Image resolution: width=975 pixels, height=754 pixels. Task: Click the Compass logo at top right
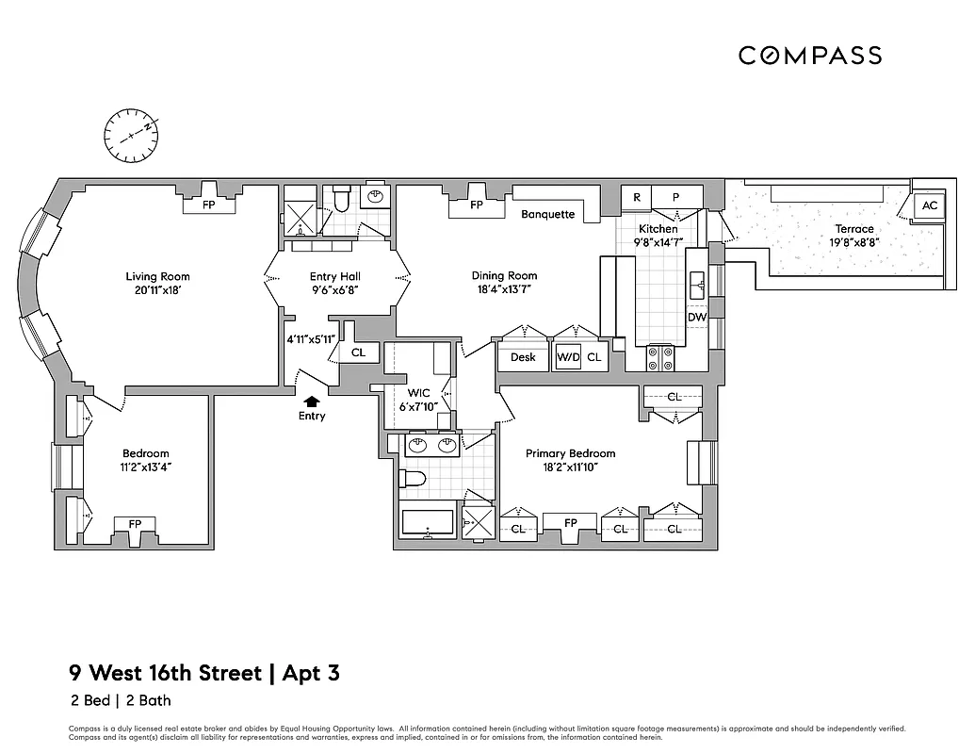coord(810,56)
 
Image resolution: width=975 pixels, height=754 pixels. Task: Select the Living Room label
coord(157,276)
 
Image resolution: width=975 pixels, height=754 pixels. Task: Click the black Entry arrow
coord(312,402)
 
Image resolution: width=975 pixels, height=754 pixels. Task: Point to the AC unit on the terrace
coord(930,205)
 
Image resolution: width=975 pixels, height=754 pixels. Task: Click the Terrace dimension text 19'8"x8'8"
coord(853,241)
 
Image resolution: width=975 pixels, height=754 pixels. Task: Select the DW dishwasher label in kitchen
coord(696,319)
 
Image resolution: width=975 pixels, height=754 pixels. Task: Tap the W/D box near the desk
coord(568,358)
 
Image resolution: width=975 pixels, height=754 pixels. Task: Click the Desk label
coord(523,357)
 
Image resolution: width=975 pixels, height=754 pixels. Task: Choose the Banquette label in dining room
coord(548,214)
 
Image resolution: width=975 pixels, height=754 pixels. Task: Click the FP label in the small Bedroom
coord(135,524)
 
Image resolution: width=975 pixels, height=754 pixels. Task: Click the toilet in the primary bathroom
coord(414,480)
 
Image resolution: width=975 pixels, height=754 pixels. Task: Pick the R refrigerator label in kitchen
coord(637,197)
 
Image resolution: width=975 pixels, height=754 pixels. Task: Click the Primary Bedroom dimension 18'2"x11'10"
coord(570,467)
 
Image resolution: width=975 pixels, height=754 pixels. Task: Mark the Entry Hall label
coord(335,276)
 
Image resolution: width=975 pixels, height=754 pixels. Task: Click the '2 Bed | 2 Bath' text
coord(120,700)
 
